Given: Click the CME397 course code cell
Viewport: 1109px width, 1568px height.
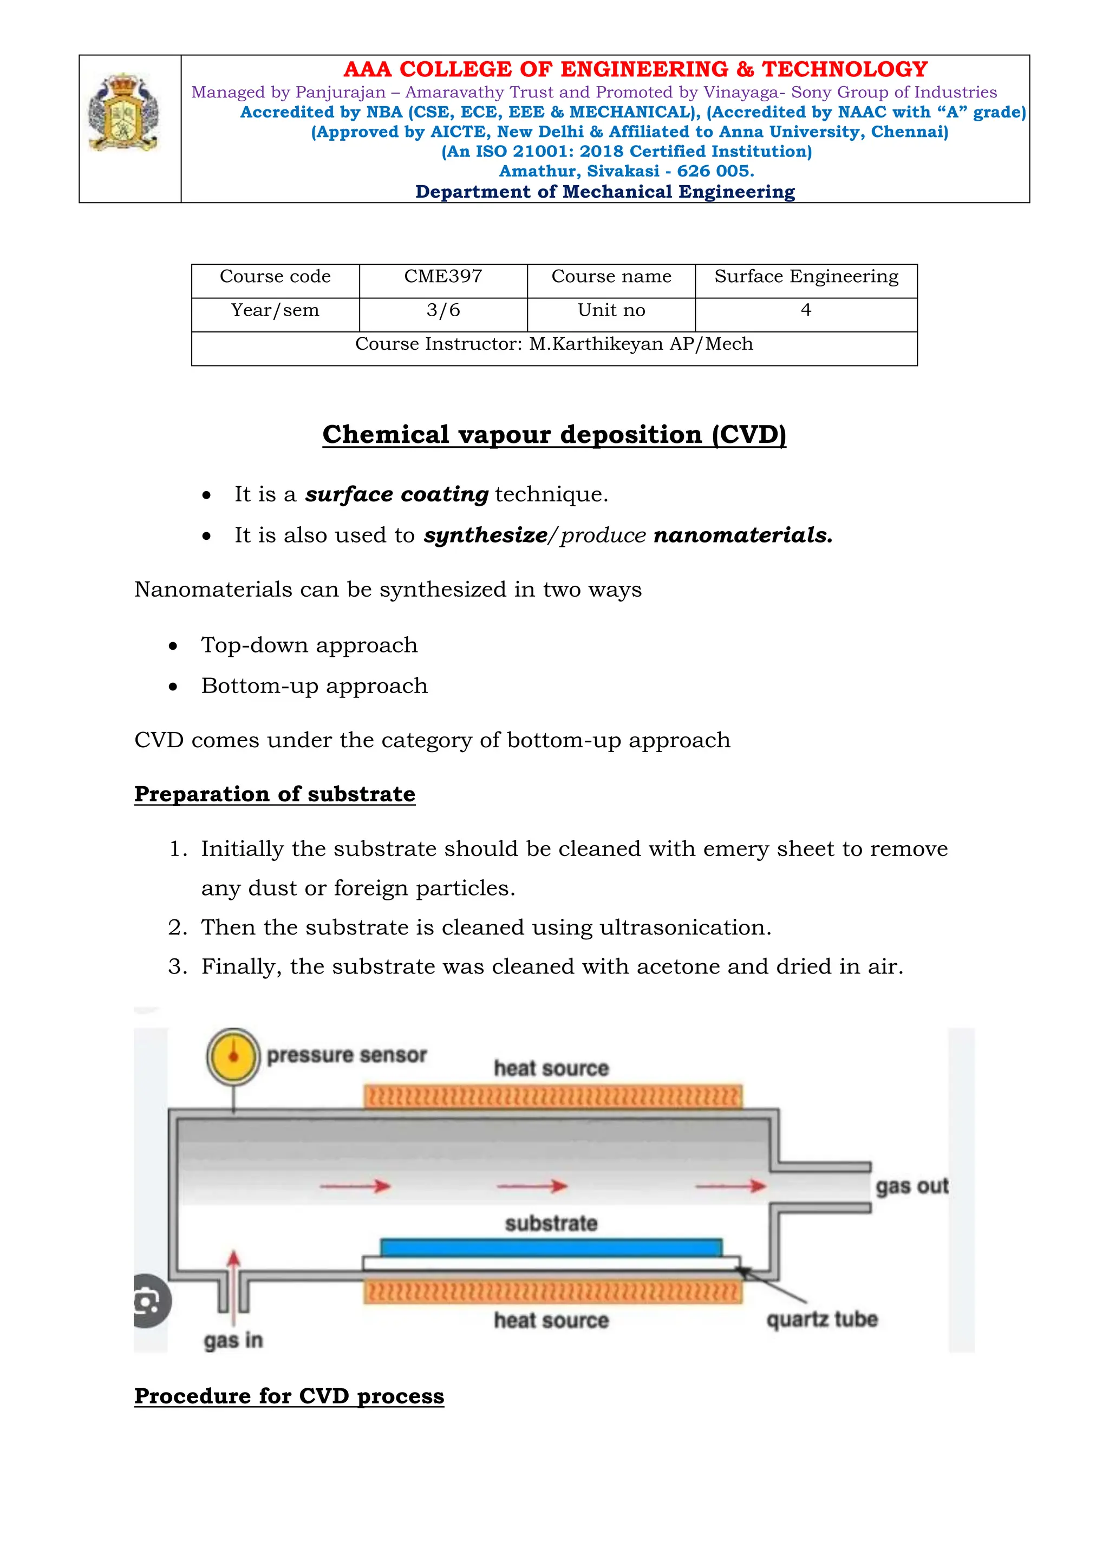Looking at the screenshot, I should coord(443,277).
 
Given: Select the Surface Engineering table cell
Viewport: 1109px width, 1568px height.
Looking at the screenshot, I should coord(806,277).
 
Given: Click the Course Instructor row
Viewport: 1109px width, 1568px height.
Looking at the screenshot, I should coord(554,344).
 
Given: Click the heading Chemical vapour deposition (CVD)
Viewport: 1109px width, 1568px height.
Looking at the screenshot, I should coord(554,435).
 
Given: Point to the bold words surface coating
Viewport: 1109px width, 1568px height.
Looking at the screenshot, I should coord(396,494).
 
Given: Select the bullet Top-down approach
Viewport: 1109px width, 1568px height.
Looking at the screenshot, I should coord(309,645).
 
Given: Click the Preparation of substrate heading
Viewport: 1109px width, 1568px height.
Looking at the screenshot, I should coord(275,794).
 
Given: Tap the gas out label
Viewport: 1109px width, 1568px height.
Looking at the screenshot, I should coord(912,1186).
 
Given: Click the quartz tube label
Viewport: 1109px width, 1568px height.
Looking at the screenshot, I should coord(821,1319).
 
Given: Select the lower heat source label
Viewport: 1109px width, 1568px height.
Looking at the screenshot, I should coord(551,1321).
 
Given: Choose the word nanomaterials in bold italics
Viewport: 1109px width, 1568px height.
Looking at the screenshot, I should coord(743,535).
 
